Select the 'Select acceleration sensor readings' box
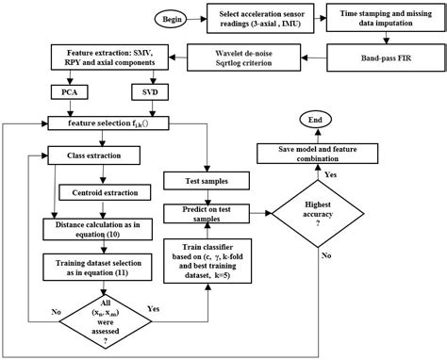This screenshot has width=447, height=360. (254, 17)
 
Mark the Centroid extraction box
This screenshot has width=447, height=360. (101, 192)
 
